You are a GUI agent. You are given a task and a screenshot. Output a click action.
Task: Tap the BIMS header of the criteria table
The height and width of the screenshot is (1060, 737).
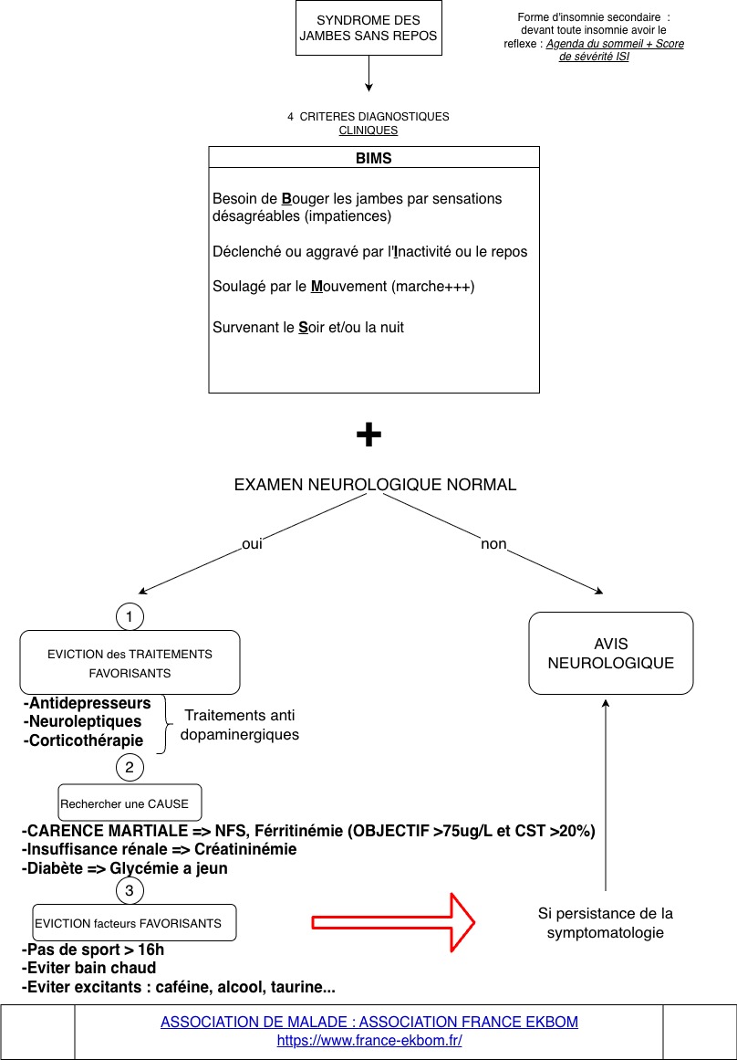[x=374, y=158]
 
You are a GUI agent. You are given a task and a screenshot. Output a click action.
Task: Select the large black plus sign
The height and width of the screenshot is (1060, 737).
[x=368, y=436]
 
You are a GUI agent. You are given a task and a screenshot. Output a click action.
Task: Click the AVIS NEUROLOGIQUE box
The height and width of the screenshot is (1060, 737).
[x=611, y=653]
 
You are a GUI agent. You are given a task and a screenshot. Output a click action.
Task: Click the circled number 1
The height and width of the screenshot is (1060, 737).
[x=130, y=617]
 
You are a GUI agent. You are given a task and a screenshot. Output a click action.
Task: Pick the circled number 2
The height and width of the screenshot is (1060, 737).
[x=130, y=767]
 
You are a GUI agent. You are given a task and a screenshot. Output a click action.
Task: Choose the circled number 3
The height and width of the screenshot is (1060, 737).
[x=130, y=889]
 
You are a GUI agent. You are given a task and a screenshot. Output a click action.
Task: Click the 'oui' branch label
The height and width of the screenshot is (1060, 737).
[x=252, y=544]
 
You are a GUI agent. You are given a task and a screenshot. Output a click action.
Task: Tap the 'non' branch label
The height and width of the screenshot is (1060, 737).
[x=493, y=544]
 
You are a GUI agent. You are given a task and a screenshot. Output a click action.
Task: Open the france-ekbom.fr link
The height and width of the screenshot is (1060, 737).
[x=369, y=1041]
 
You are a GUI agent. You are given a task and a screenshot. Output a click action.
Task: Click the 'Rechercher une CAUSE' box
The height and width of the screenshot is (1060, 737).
[x=130, y=803]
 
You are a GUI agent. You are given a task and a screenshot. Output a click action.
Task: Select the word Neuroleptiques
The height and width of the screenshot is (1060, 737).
[x=82, y=722]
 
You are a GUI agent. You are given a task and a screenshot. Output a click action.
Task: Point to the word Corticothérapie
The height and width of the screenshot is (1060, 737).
[x=84, y=740]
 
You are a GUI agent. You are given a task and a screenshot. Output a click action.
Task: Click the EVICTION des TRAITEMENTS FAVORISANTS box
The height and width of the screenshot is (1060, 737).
[x=130, y=663]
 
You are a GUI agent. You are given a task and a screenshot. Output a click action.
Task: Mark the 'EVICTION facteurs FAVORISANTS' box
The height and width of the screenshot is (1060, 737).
[x=134, y=923]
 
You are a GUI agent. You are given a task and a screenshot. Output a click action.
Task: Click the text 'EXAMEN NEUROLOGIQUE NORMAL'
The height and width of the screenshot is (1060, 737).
[x=375, y=485]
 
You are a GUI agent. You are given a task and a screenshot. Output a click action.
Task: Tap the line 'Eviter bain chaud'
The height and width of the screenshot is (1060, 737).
[x=89, y=968]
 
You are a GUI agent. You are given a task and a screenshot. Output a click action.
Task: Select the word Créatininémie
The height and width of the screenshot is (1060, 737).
[x=245, y=849]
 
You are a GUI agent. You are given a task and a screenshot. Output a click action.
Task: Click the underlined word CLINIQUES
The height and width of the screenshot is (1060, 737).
[x=368, y=131]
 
